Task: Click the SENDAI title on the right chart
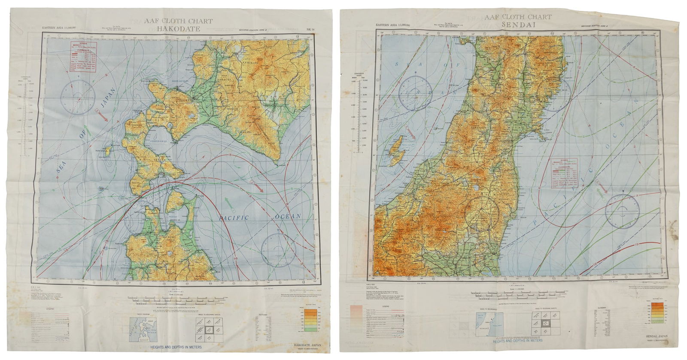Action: click(x=518, y=25)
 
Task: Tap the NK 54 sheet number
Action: click(x=310, y=30)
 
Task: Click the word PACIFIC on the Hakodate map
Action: click(x=234, y=218)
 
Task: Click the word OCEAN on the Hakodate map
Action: click(x=289, y=216)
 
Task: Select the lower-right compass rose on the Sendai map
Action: click(x=623, y=211)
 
